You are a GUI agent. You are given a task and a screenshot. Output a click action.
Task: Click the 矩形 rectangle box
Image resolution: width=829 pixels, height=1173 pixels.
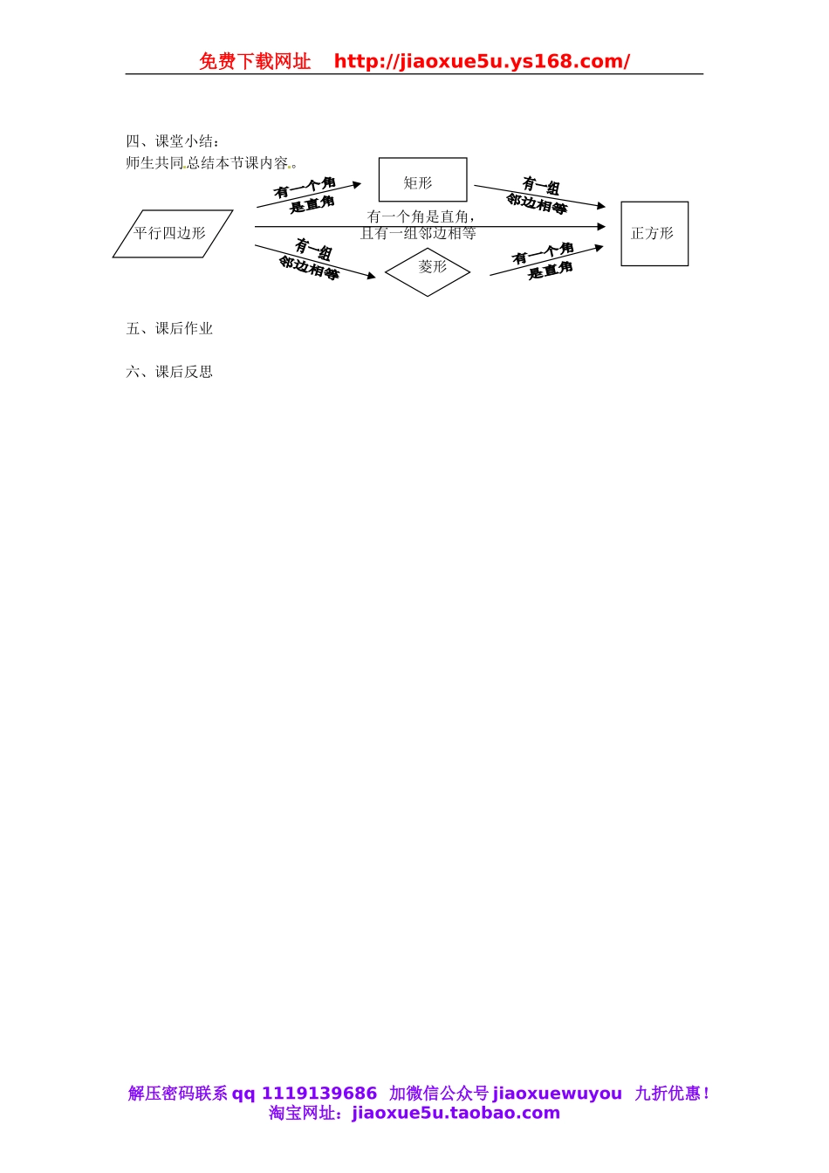(x=422, y=180)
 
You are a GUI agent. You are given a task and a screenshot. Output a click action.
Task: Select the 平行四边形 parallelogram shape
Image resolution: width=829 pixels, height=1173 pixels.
(x=172, y=234)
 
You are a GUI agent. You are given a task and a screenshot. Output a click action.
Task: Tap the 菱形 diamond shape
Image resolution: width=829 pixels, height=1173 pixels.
(x=428, y=271)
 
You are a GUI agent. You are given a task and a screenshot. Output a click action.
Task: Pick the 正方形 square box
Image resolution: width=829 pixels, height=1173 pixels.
(x=654, y=234)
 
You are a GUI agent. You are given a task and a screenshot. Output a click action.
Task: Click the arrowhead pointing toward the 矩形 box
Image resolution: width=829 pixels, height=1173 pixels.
(x=356, y=185)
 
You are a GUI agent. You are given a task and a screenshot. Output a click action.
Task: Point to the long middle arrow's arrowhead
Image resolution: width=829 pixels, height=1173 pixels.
(x=600, y=227)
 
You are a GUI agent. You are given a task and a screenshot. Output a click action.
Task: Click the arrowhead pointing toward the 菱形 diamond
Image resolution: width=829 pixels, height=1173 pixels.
(x=371, y=276)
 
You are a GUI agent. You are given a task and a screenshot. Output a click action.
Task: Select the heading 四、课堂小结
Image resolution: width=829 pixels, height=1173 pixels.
(x=173, y=141)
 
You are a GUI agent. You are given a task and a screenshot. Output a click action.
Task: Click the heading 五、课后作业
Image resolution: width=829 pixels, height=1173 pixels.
(x=169, y=329)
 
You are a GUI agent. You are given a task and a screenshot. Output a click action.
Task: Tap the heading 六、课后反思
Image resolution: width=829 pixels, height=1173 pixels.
(x=169, y=372)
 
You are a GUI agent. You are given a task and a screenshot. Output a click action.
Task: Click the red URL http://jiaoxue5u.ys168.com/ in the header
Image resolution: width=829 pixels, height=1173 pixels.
(x=482, y=61)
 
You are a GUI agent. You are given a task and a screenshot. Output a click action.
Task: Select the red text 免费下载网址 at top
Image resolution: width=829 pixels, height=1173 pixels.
(x=255, y=61)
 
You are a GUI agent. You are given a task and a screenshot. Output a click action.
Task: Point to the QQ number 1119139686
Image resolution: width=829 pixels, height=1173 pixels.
(x=319, y=1094)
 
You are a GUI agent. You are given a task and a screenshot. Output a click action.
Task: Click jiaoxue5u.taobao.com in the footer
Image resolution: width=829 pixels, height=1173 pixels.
(x=456, y=1113)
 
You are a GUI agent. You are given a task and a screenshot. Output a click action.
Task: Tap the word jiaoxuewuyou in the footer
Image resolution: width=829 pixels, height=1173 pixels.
(x=558, y=1094)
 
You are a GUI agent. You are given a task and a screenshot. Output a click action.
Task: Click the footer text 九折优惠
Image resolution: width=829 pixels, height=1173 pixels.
(x=671, y=1094)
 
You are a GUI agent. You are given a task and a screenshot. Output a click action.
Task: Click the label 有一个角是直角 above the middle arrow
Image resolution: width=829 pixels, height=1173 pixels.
(x=420, y=216)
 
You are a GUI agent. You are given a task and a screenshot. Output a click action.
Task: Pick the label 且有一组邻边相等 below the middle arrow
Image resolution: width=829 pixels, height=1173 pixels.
(x=419, y=234)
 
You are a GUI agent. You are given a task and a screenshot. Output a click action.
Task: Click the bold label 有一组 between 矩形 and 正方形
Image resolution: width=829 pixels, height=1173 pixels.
(x=541, y=185)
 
